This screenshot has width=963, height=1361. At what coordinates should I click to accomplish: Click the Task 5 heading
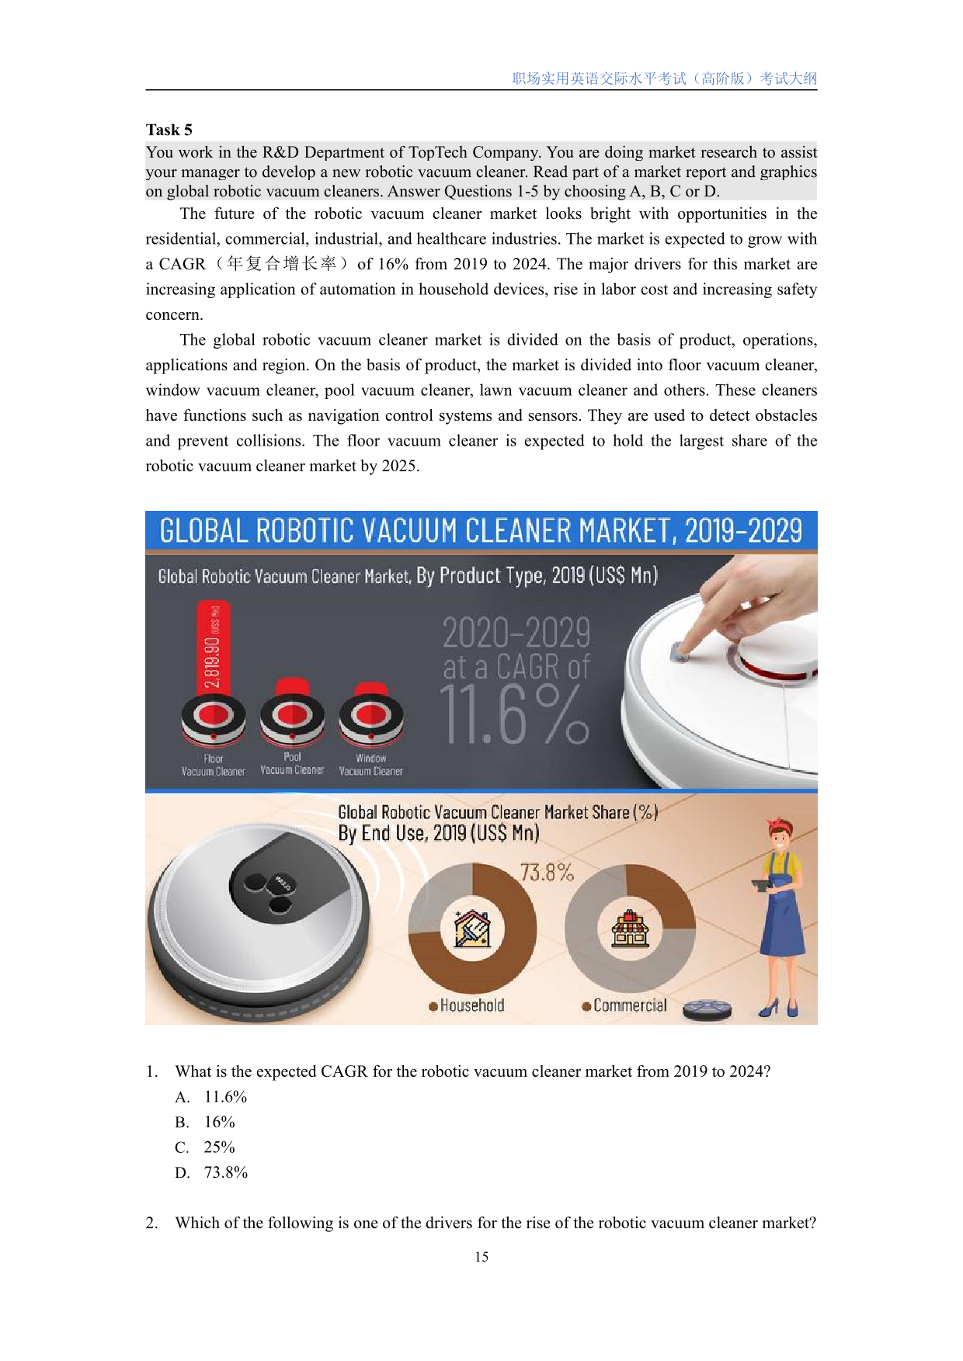tap(169, 130)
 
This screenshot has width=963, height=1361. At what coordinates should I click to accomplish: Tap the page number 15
tap(481, 1256)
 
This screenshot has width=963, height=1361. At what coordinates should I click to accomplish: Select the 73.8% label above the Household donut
tap(547, 873)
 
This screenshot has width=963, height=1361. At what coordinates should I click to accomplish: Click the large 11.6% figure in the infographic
tap(514, 716)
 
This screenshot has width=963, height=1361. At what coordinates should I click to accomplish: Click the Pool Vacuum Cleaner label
tap(292, 763)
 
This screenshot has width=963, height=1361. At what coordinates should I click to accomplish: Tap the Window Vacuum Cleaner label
tap(370, 765)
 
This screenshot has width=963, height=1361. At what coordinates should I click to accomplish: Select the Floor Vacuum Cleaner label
tap(213, 765)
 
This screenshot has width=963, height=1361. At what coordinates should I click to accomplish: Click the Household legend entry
tap(467, 1005)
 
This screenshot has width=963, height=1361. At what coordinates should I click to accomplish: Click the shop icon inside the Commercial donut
tap(630, 929)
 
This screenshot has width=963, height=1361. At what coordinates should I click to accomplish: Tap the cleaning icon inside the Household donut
tap(471, 929)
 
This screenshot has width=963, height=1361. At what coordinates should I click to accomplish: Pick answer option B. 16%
tap(206, 1122)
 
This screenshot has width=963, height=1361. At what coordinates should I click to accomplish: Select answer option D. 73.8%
tap(212, 1172)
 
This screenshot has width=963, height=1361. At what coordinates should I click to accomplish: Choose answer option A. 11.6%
tap(212, 1097)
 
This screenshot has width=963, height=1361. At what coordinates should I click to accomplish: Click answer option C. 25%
tap(206, 1147)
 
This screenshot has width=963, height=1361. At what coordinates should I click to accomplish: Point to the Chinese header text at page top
tap(664, 78)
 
